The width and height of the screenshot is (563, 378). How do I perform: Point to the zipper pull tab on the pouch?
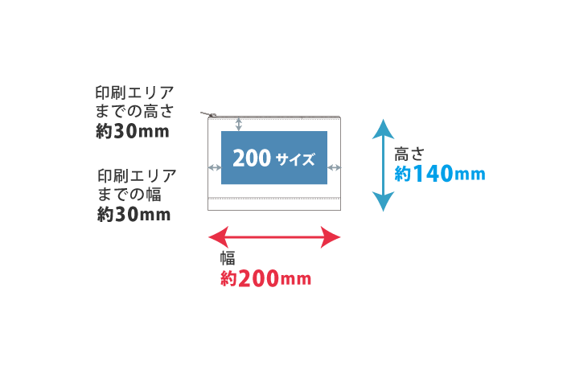tap(208, 115)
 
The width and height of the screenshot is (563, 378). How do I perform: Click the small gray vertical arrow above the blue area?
tap(238, 124)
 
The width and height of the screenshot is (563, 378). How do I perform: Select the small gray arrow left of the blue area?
tap(214, 167)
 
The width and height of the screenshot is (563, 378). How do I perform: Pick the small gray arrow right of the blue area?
tap(335, 167)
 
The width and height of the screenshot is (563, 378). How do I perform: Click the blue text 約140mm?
tap(440, 174)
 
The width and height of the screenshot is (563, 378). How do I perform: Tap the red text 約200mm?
tap(265, 279)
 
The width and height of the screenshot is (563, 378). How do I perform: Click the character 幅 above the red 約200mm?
tap(228, 258)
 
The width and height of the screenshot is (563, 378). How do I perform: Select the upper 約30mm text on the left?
tap(133, 131)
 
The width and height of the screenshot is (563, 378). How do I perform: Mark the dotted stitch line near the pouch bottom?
tap(274, 197)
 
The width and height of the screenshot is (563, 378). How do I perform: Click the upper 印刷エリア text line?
tap(134, 92)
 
